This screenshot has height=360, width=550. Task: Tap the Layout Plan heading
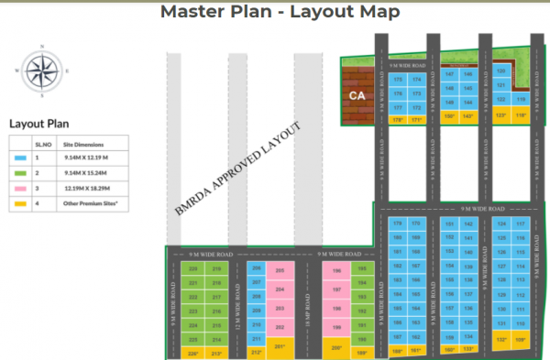(39, 124)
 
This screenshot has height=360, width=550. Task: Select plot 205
(280, 271)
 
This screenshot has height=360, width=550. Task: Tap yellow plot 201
(280, 347)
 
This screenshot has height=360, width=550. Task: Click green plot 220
(192, 269)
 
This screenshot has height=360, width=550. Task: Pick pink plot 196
(337, 271)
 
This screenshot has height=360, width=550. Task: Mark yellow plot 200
(337, 347)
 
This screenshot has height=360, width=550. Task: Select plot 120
(500, 71)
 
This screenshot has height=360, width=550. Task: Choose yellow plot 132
(500, 340)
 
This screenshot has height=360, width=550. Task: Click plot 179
(398, 224)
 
